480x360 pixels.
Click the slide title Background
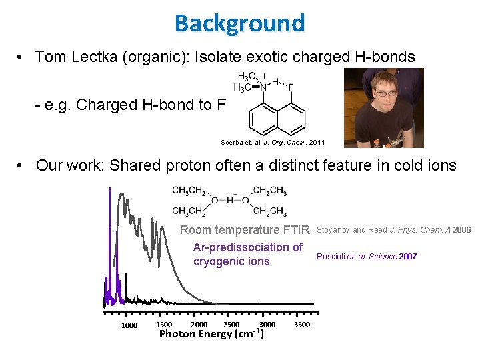(239, 23)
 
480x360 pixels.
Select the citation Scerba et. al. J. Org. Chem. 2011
(273, 142)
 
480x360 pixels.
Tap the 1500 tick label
(163, 325)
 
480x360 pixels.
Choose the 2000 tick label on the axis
(199, 325)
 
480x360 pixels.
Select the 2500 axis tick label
(231, 325)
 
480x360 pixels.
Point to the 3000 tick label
(267, 325)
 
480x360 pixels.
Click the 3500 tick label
(301, 325)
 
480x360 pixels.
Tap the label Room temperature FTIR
(245, 230)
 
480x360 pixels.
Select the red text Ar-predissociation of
(247, 247)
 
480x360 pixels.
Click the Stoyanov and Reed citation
(393, 230)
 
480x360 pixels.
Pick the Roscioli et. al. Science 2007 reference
(367, 257)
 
